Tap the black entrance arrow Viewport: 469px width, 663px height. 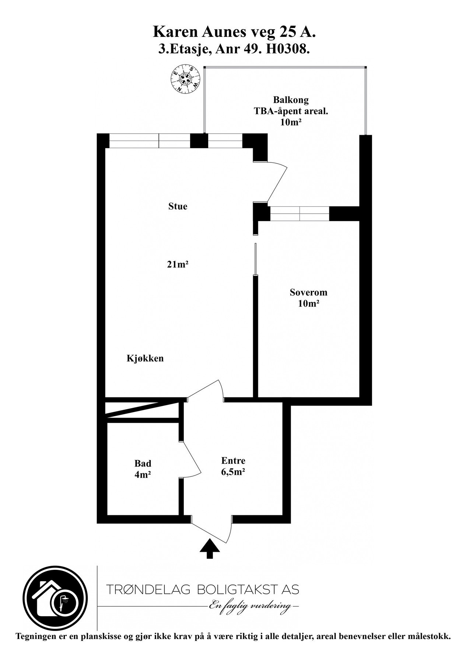coord(210,548)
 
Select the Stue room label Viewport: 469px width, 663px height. coord(178,206)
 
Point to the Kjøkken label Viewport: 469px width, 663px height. coord(145,358)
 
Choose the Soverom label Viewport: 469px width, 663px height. coord(308,292)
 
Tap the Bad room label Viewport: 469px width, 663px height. coord(143,463)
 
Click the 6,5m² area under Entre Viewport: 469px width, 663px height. coord(233,472)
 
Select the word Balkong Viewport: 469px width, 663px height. coord(291,99)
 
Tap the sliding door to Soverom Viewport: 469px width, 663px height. coord(255,259)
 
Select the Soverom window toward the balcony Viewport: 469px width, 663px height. coord(300,214)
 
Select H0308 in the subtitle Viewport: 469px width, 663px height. coord(290,49)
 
